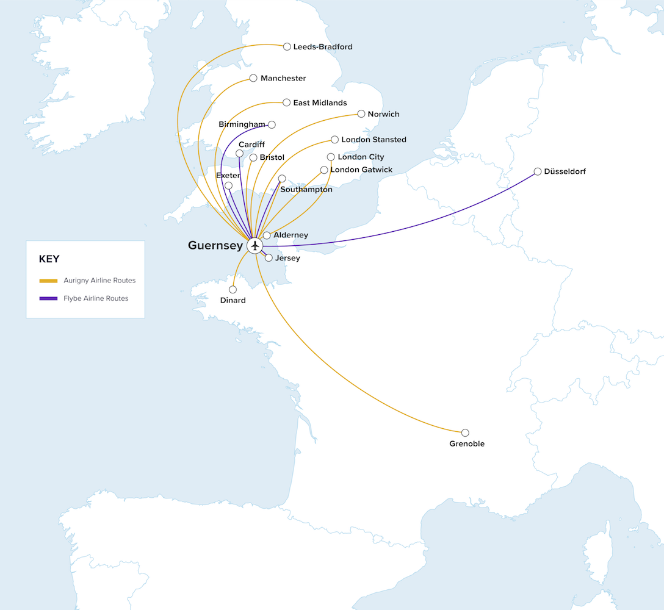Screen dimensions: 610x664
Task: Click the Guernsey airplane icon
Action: pyautogui.click(x=255, y=245)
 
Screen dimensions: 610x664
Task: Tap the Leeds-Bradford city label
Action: pyautogui.click(x=322, y=46)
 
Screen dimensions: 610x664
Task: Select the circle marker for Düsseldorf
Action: pyautogui.click(x=538, y=171)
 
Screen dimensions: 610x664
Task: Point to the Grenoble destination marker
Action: pyautogui.click(x=465, y=432)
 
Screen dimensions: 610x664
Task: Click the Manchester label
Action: pyautogui.click(x=283, y=78)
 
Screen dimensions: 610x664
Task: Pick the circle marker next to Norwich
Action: pyautogui.click(x=361, y=113)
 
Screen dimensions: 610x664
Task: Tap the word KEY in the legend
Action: pyautogui.click(x=49, y=259)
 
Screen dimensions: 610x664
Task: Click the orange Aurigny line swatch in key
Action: pyautogui.click(x=48, y=281)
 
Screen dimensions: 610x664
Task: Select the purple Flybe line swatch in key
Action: pyautogui.click(x=48, y=298)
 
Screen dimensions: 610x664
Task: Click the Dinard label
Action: pyautogui.click(x=233, y=300)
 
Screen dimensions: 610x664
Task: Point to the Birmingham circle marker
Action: pyautogui.click(x=272, y=124)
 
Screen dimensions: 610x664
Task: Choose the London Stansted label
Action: pyautogui.click(x=374, y=140)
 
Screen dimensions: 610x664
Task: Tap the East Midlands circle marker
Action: pyautogui.click(x=286, y=102)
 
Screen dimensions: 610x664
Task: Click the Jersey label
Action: pyautogui.click(x=287, y=258)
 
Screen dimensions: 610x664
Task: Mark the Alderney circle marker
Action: pyautogui.click(x=267, y=235)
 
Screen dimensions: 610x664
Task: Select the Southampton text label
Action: pyautogui.click(x=306, y=190)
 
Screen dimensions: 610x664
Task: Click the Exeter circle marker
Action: pyautogui.click(x=228, y=185)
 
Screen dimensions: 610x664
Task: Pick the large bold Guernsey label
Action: pyautogui.click(x=215, y=245)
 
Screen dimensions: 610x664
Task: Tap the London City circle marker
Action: pyautogui.click(x=331, y=157)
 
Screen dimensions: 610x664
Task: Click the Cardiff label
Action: pyautogui.click(x=251, y=145)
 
